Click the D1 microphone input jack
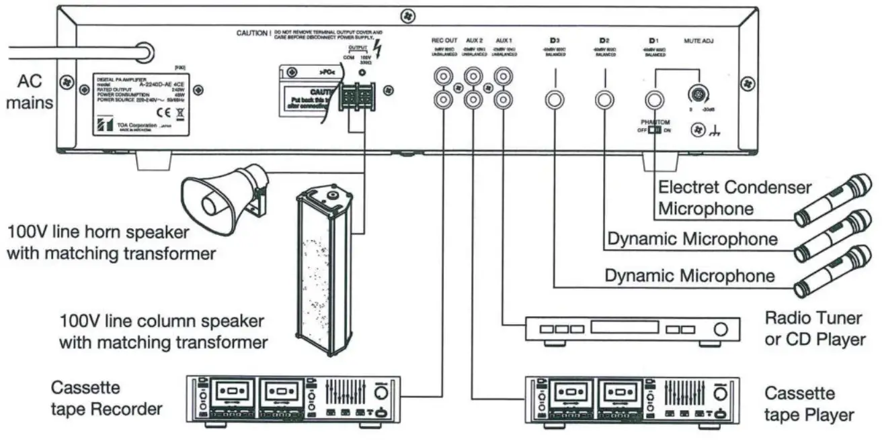655,101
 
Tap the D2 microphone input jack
603,101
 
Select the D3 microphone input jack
553,101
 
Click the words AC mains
30,93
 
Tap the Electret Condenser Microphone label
735,197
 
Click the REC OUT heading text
444,41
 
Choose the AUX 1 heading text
504,41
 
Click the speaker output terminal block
356,99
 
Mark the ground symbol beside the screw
715,133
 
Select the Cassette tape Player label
809,403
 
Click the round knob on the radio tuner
721,330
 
